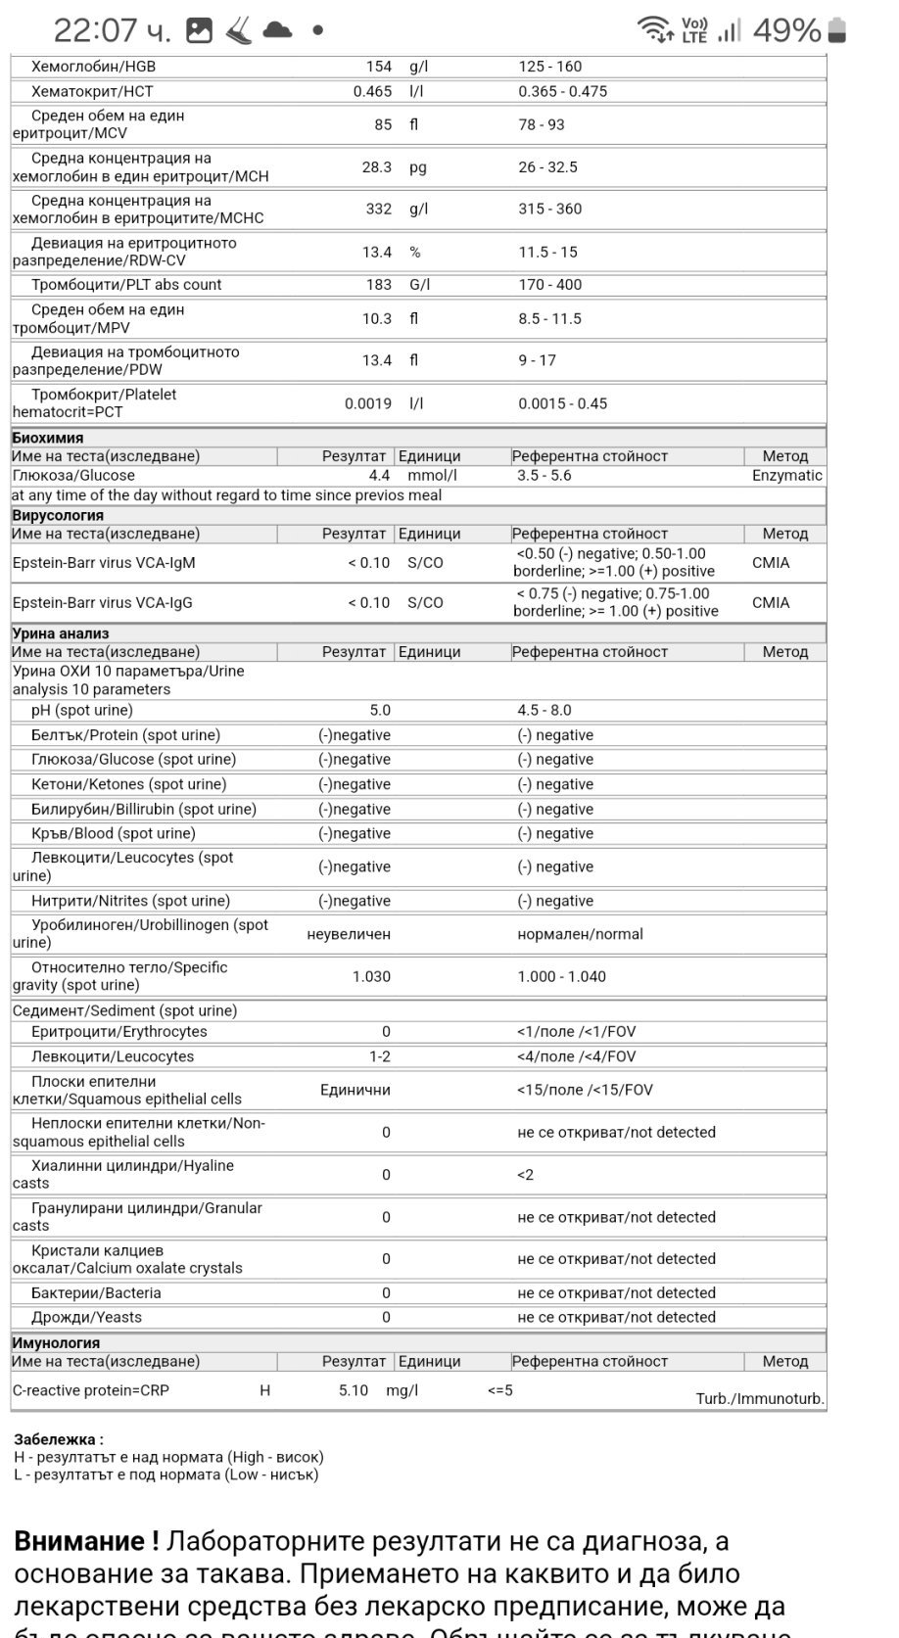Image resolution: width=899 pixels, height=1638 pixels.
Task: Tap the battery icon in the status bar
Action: pos(836,30)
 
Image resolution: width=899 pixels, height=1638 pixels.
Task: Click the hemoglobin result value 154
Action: pos(378,67)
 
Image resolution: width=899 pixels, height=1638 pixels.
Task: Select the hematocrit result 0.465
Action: pos(372,91)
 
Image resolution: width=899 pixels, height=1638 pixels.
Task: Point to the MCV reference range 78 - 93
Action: pos(542,124)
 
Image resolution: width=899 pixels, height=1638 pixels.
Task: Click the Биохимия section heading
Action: pos(47,438)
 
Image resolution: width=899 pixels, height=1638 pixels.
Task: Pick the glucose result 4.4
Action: pos(379,476)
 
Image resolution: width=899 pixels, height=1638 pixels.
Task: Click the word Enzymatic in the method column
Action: pos(786,476)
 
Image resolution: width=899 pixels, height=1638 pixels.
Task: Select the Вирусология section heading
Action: pos(58,515)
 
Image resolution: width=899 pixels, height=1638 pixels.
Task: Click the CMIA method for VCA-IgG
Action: pos(771,603)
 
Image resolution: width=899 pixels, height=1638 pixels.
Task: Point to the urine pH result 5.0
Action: pos(379,711)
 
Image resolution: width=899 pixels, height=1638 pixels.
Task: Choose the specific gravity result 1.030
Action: pos(371,976)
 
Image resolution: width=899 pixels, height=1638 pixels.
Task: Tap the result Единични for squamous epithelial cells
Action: pos(355,1090)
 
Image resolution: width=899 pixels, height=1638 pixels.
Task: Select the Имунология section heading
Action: pos(56,1343)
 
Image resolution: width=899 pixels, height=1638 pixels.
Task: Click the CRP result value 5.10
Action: pos(353,1390)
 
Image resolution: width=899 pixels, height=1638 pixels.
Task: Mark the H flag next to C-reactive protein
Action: pos(264,1390)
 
